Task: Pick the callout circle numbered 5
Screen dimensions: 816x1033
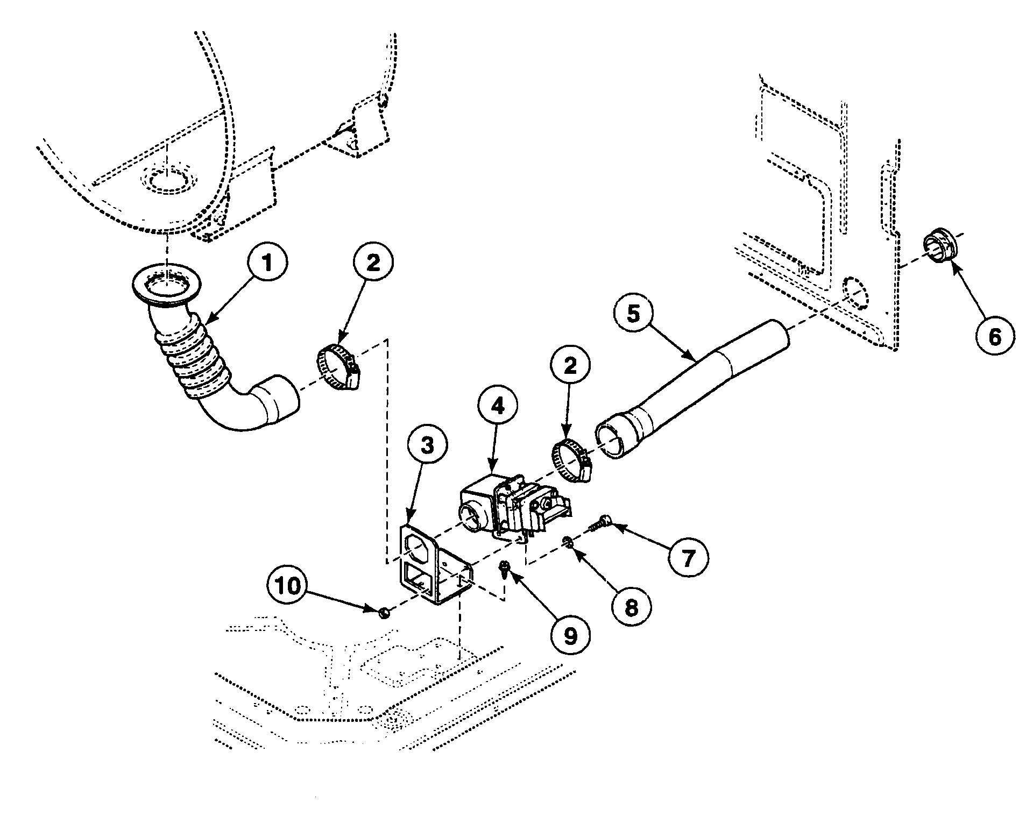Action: coord(634,314)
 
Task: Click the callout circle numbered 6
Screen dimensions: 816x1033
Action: coord(995,337)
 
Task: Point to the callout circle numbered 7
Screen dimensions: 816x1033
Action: coord(688,559)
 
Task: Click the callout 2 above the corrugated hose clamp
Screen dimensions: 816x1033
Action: coord(373,262)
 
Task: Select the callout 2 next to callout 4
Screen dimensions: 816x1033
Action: coord(570,366)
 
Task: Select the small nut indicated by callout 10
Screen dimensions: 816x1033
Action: coord(384,612)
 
